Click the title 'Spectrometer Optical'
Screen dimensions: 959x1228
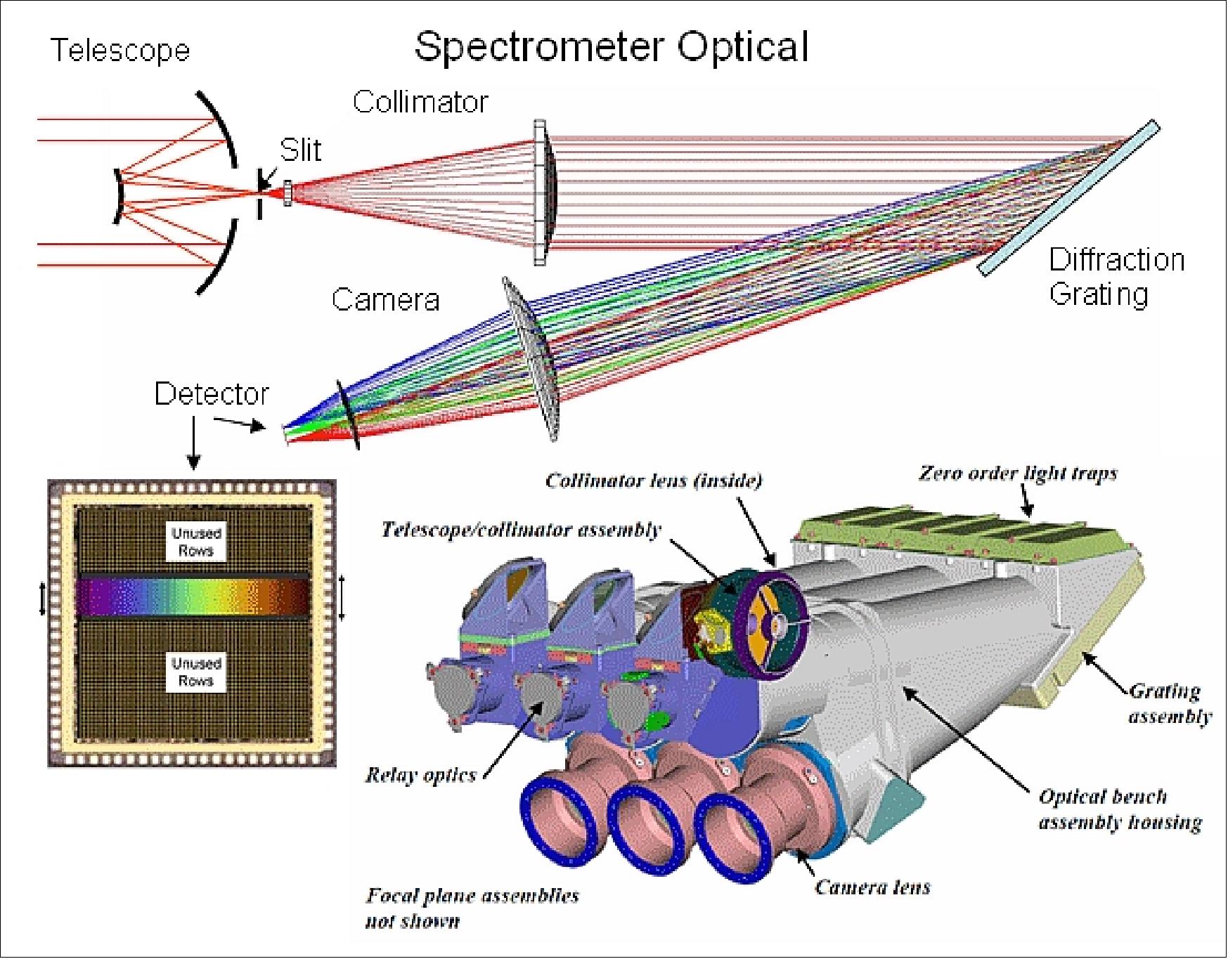611,47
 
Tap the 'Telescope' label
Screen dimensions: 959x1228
120,51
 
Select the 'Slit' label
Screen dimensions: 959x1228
300,150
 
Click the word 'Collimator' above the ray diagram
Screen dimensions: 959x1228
420,102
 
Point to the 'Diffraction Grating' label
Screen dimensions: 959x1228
1116,276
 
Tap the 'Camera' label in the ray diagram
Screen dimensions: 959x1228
385,300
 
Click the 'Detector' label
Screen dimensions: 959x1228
211,393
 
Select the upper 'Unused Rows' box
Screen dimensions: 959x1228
196,542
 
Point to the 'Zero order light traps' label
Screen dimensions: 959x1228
1018,473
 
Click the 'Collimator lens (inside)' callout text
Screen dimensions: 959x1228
654,481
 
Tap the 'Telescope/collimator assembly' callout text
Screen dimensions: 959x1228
521,529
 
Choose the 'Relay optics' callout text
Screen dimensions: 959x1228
420,775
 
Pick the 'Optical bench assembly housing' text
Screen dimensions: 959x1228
1120,809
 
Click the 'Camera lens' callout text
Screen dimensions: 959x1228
872,887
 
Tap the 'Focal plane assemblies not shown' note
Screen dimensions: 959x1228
472,908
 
